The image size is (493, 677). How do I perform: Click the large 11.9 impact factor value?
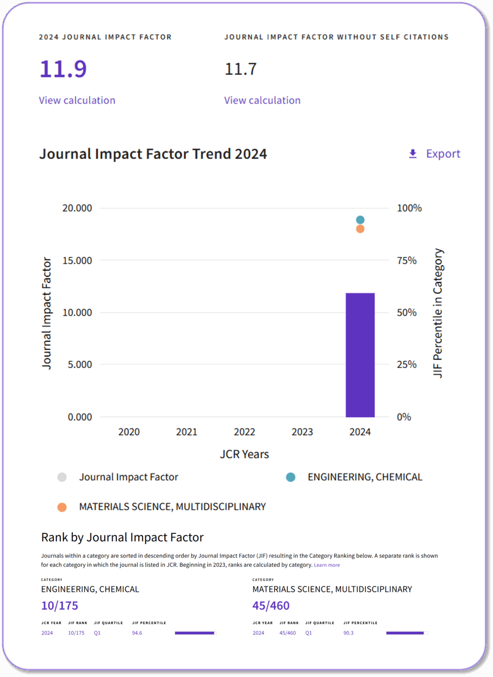click(63, 69)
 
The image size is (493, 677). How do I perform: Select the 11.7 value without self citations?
click(241, 69)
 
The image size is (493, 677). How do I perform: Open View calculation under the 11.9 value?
click(77, 100)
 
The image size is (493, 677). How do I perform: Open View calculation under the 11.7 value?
click(262, 100)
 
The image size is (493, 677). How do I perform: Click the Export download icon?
click(413, 154)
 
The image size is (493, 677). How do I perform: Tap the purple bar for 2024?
click(360, 355)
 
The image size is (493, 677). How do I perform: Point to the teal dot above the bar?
click(360, 220)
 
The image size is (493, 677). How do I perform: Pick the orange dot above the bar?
click(360, 229)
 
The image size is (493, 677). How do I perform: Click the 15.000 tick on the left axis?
click(77, 260)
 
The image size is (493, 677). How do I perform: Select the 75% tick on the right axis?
click(407, 260)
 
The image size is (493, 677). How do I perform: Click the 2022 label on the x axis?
click(245, 432)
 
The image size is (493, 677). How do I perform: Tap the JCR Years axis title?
click(245, 454)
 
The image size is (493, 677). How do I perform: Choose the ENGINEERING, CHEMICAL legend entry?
click(365, 477)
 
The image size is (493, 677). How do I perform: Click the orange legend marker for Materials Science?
click(62, 507)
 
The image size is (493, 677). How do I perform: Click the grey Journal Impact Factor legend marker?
click(62, 477)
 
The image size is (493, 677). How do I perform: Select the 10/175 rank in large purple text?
click(59, 606)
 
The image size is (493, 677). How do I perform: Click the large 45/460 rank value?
click(271, 606)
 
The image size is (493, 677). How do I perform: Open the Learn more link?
click(326, 565)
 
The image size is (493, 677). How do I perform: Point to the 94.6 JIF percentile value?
click(137, 633)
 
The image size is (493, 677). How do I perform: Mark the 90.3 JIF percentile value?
click(348, 633)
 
